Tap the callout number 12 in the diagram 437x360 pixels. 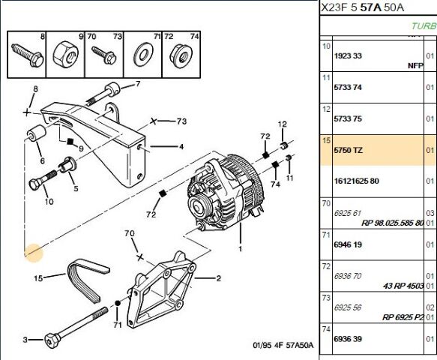point(283,124)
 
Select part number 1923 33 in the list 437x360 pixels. point(347,55)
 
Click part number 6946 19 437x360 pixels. point(347,244)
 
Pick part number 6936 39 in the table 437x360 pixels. point(347,339)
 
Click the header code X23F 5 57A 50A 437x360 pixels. point(362,9)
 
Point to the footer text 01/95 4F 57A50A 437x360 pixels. point(283,346)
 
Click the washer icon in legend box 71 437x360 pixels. point(141,55)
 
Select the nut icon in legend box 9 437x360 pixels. point(64,54)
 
